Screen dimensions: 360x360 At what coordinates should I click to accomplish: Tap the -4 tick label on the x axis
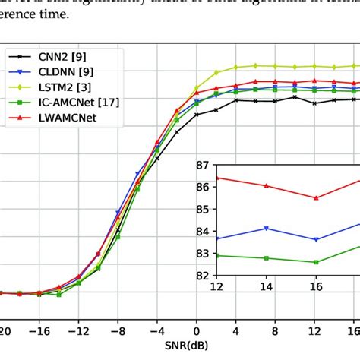[x=156, y=311]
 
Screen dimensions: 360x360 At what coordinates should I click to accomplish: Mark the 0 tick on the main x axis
[x=196, y=311]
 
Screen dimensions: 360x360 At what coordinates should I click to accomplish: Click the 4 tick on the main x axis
[x=235, y=311]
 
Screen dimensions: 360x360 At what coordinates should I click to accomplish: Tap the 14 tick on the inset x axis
[x=266, y=286]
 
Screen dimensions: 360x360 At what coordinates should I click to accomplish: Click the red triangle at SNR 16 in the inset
[x=317, y=197]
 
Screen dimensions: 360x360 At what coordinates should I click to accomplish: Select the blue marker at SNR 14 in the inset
[x=266, y=228]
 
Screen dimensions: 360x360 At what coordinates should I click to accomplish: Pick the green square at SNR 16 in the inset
[x=317, y=262]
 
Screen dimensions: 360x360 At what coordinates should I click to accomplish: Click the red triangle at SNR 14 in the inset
[x=266, y=185]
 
